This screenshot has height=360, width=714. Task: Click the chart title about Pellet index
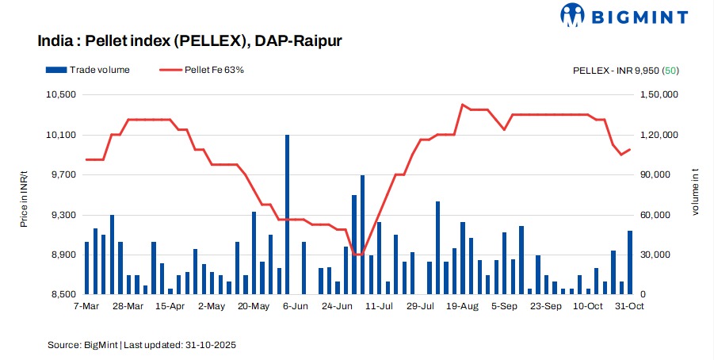(189, 40)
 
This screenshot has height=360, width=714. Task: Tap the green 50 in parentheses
(671, 71)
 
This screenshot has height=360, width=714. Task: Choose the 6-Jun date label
(295, 305)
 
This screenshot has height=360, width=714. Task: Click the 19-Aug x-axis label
(463, 305)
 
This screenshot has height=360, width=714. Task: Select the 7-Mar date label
(86, 305)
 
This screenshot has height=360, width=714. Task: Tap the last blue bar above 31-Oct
(630, 262)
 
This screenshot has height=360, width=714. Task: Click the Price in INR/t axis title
(24, 195)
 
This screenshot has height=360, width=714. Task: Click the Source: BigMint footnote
(142, 345)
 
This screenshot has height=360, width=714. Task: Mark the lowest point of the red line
(358, 255)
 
